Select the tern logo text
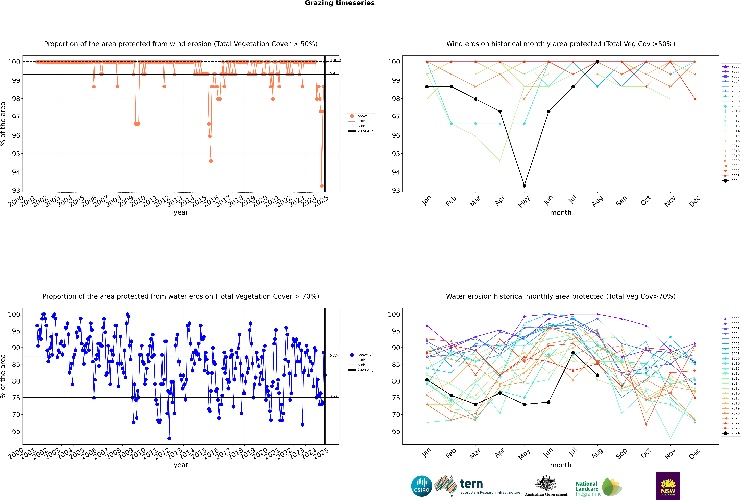[471, 484]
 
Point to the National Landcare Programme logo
[598, 487]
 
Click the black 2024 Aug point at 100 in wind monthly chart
[597, 62]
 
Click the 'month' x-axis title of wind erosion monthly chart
[561, 213]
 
